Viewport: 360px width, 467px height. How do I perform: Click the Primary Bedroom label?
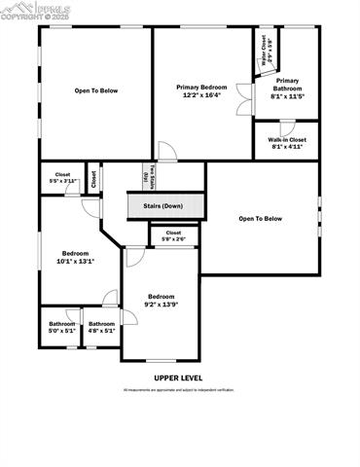[201, 87]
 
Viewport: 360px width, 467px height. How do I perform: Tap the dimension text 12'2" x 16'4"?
[201, 95]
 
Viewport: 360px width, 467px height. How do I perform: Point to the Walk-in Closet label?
[287, 140]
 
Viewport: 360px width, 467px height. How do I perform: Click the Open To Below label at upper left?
[96, 90]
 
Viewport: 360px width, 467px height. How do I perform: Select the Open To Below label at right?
[260, 219]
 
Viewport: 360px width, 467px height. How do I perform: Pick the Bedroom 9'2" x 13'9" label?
[162, 300]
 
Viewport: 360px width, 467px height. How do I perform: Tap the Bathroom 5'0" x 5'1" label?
[62, 327]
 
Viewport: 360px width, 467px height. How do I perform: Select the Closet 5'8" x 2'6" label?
[173, 235]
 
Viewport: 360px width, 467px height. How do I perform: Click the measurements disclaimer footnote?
[178, 390]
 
